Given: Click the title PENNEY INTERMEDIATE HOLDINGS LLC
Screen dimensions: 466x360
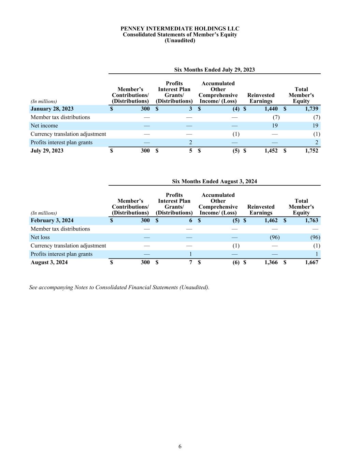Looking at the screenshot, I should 180,29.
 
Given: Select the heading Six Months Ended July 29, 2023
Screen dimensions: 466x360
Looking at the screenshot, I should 214,70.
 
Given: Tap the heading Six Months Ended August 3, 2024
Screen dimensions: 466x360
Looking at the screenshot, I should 214,181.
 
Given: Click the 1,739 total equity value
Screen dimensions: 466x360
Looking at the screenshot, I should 311,109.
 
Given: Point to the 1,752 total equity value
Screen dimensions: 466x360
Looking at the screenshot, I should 311,151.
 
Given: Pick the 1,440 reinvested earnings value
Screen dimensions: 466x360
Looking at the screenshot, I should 271,109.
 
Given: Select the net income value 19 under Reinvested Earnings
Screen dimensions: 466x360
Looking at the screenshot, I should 275,126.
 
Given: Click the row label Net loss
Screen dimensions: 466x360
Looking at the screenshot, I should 40,237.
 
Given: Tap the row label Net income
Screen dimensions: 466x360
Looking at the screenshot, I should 44,126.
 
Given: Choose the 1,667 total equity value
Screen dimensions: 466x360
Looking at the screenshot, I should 311,262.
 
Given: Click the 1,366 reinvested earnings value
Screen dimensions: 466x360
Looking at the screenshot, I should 271,262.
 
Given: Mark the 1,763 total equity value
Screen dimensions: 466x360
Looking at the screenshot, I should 311,221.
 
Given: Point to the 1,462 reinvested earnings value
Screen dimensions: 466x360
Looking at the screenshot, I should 271,221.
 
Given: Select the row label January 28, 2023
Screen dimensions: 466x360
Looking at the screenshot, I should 52,109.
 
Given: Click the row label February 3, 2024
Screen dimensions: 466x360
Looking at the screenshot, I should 52,221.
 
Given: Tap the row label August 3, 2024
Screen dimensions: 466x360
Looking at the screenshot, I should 49,262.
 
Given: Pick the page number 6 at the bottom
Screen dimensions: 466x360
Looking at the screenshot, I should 180,447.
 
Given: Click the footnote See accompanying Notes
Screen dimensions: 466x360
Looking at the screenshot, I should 119,287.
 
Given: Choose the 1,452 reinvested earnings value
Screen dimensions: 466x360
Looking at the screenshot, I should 271,151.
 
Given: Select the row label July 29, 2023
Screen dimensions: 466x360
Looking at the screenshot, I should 47,151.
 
